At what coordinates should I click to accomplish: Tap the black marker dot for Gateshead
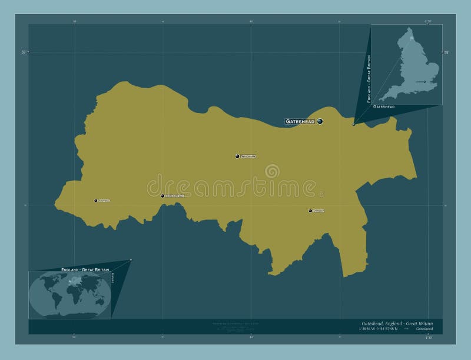[320, 121]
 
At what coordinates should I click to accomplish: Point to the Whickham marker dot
[237, 156]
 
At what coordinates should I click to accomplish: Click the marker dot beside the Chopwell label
[95, 201]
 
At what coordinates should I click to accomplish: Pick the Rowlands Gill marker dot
[163, 196]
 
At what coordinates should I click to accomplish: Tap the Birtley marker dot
[310, 211]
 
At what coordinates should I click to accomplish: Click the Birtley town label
[319, 211]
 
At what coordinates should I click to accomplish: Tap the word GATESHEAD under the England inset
[384, 106]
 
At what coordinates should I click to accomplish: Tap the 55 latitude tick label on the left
[24, 52]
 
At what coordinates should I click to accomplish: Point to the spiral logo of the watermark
[272, 171]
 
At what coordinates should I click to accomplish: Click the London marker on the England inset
[424, 81]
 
